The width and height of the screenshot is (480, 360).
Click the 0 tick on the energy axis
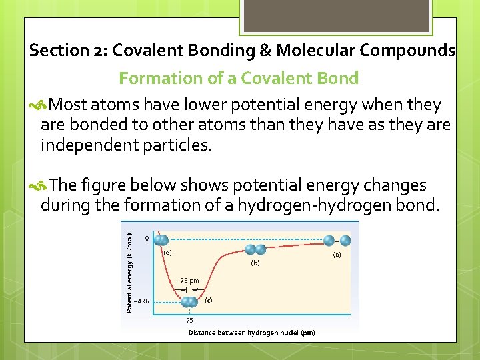coord(147,238)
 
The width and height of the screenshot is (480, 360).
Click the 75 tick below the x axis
coord(189,319)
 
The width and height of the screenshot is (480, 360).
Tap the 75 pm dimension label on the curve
coord(189,281)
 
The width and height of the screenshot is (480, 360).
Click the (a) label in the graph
coord(337,255)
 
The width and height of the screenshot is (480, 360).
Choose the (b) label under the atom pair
coord(255,263)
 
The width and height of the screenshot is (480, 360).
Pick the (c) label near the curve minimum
coord(208,300)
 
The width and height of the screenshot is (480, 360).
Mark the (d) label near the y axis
coord(167,253)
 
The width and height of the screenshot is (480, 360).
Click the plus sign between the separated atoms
coord(336,241)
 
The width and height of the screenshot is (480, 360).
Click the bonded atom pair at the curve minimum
coord(190,302)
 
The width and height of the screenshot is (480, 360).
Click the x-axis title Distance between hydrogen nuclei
coord(252,332)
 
